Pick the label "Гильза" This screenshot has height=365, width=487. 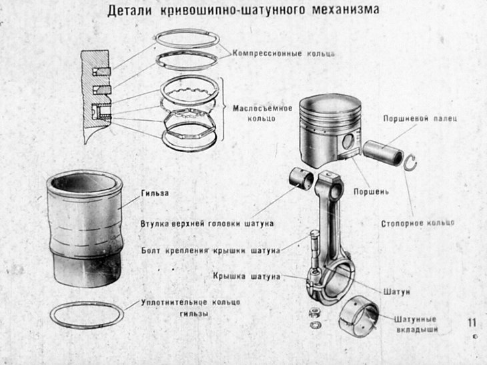pos(154,194)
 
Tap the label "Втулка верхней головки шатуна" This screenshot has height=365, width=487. pos(207,223)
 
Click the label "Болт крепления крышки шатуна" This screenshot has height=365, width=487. pos(211,251)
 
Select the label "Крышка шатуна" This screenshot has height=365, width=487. pos(247,276)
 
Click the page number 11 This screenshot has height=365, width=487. pos(473,322)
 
